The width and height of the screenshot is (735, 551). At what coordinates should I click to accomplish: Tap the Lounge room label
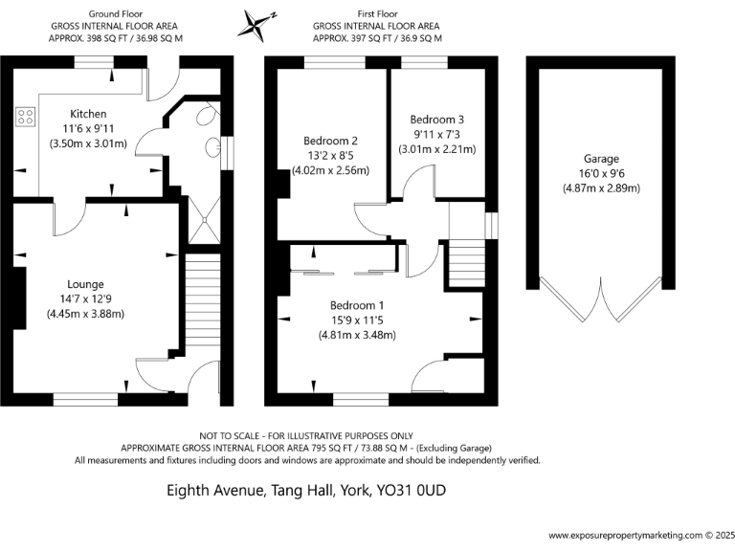(85, 284)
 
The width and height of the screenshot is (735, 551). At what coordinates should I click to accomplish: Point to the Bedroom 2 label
(329, 140)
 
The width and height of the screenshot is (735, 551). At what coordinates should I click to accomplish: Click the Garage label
(601, 159)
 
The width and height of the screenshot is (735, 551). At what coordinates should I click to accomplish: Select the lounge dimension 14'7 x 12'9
(85, 298)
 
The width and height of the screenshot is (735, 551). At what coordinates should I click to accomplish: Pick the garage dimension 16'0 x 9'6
(601, 173)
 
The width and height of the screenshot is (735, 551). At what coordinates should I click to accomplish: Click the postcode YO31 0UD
(414, 491)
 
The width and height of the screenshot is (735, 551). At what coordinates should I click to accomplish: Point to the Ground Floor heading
(115, 14)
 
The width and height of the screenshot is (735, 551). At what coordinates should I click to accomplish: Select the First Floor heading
(378, 14)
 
